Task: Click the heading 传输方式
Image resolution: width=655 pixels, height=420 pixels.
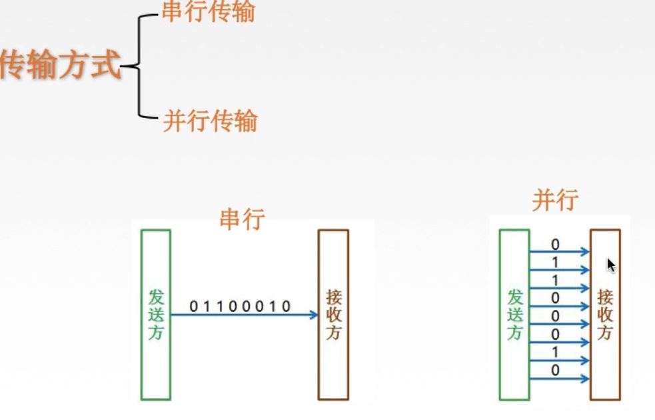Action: (60, 65)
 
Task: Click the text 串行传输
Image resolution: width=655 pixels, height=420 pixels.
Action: (208, 11)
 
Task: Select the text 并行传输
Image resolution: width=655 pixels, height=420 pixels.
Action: (210, 121)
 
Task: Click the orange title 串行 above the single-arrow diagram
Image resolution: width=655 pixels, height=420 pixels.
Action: (242, 219)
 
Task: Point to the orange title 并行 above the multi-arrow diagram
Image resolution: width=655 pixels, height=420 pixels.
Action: (555, 199)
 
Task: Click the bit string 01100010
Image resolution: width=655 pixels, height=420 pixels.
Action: (241, 307)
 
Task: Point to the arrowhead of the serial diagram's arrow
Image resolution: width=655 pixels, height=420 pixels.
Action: (314, 315)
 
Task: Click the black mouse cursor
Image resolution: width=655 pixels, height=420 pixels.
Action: (611, 265)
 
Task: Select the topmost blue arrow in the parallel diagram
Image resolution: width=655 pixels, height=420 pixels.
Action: (560, 252)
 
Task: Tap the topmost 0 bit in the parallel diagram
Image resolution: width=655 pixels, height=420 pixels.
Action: (556, 245)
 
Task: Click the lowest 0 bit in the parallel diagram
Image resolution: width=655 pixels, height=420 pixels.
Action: (556, 371)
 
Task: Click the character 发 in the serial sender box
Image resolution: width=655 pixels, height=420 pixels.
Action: (155, 295)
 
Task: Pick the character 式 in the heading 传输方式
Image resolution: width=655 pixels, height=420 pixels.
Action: (107, 65)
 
